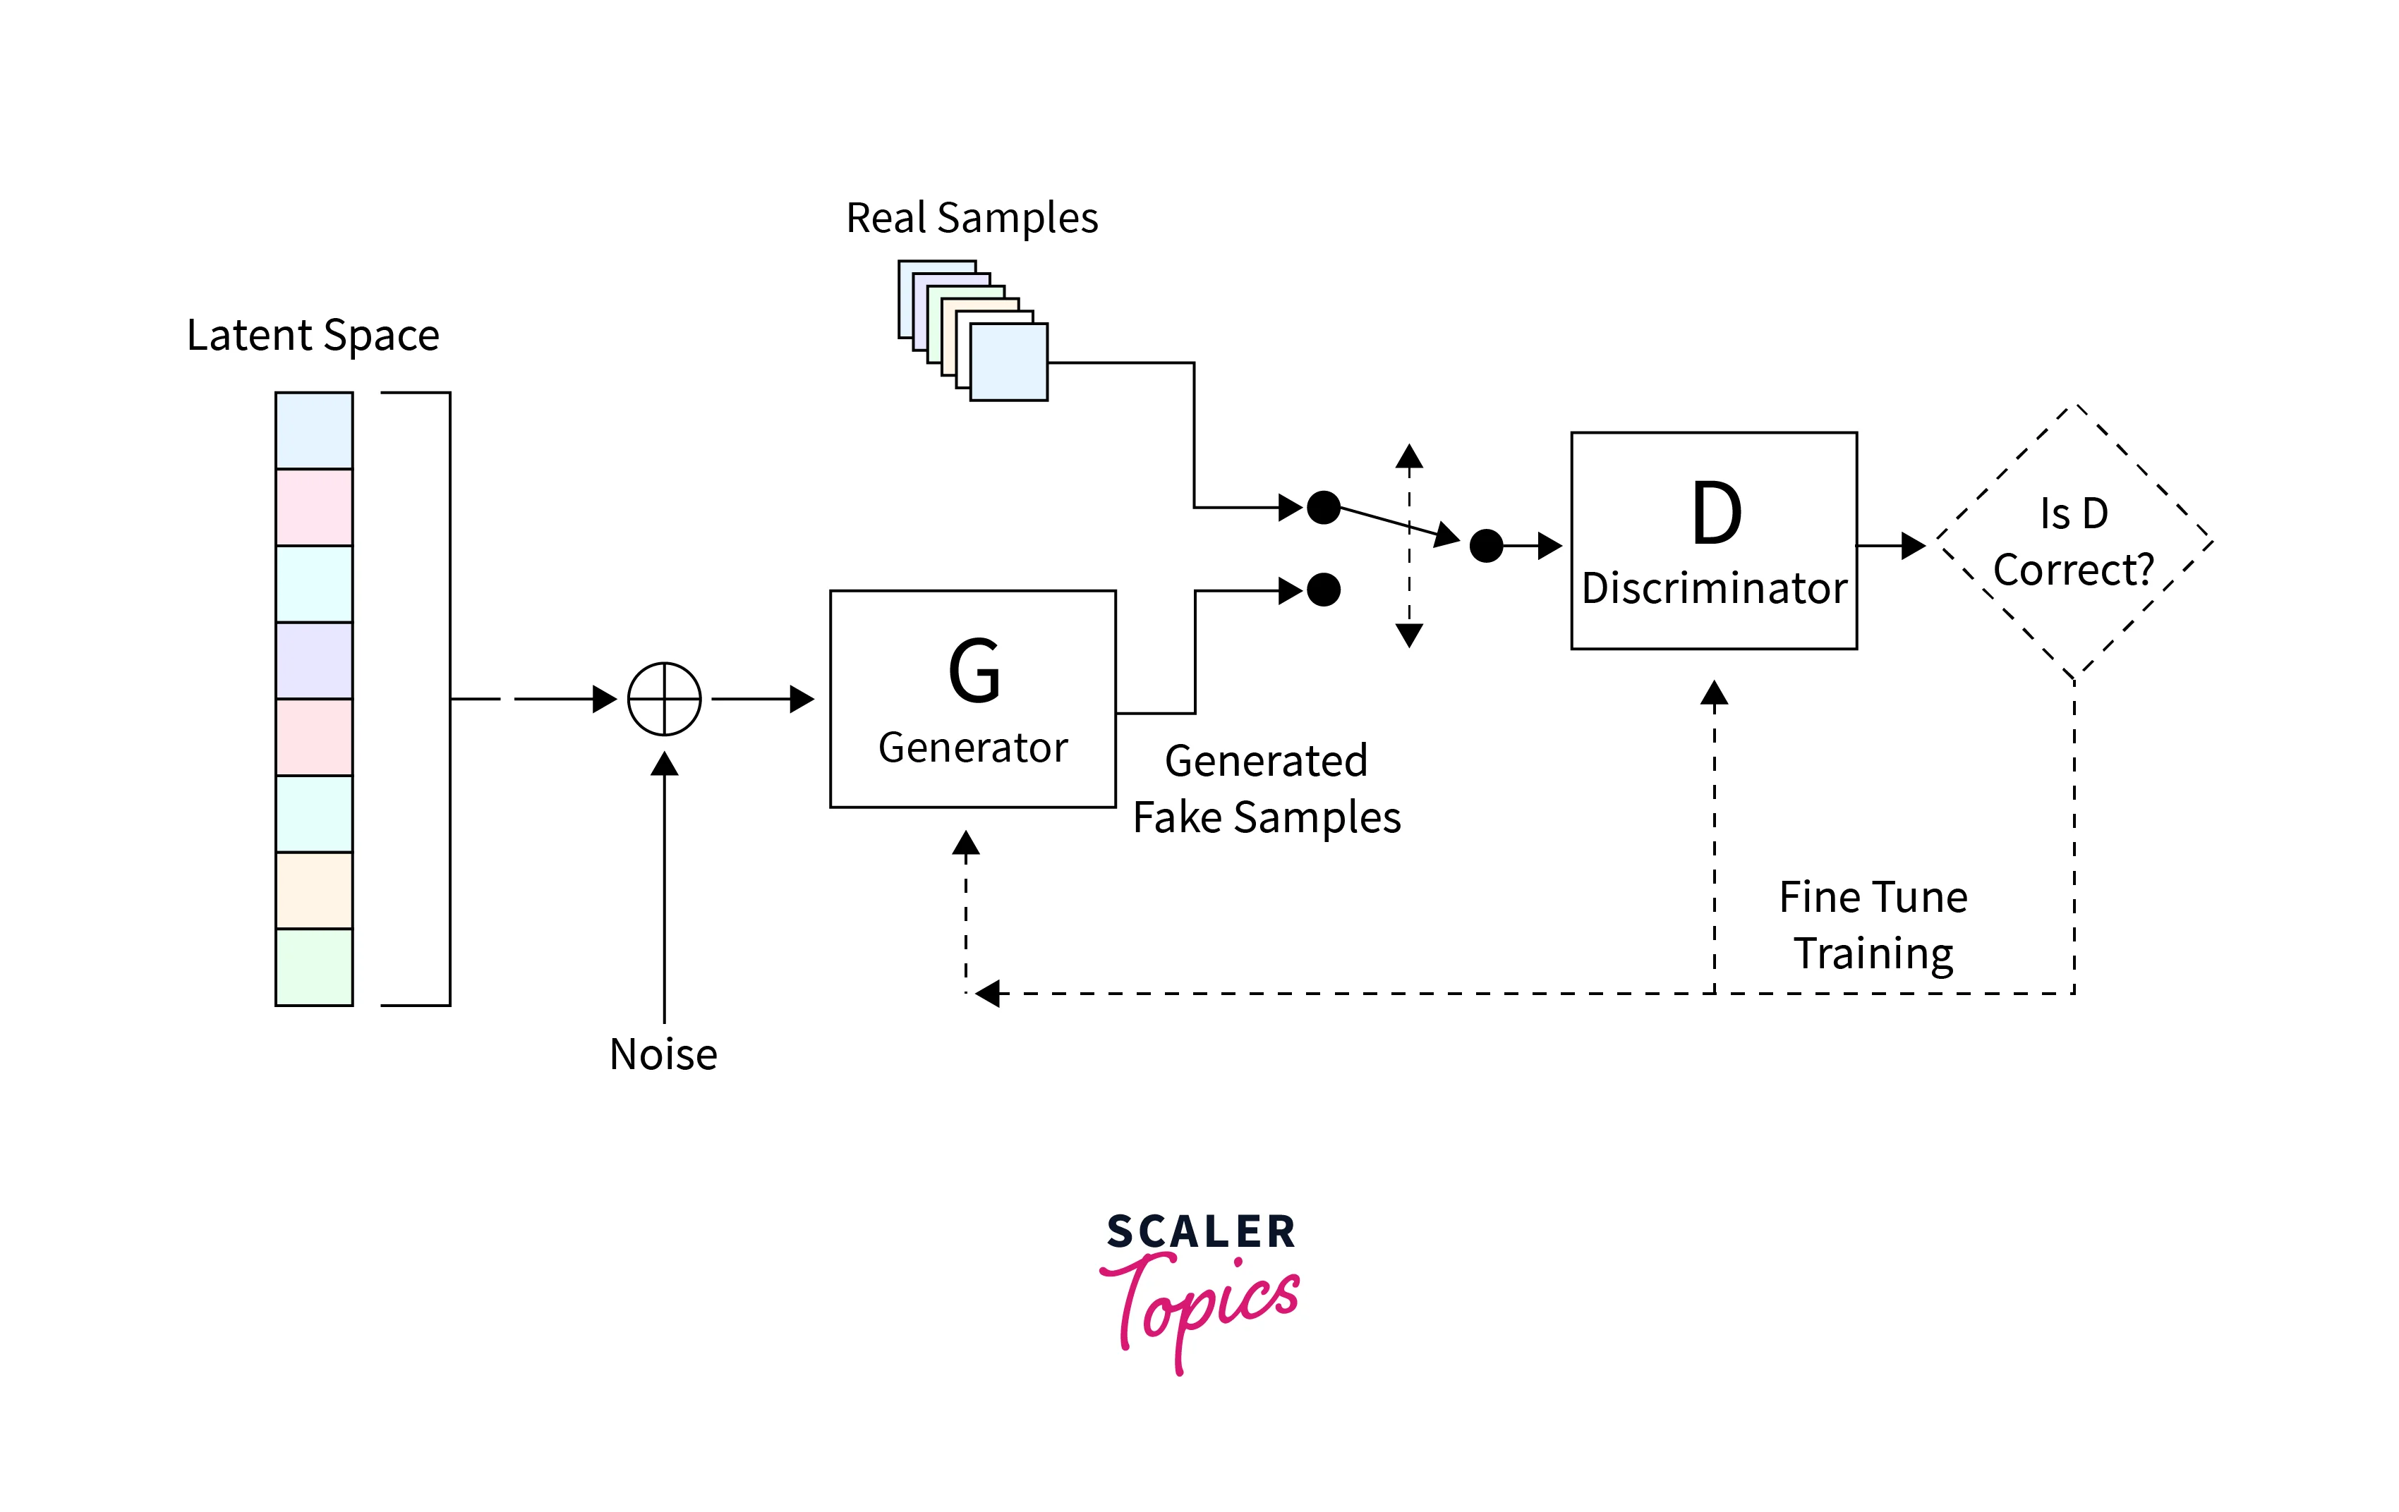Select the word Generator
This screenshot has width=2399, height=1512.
[972, 747]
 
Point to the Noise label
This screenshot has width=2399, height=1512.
[663, 1054]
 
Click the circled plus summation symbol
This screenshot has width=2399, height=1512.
[665, 698]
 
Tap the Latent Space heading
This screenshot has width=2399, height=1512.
[313, 335]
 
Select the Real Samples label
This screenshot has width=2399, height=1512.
[972, 217]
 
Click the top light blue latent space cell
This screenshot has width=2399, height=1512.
[314, 430]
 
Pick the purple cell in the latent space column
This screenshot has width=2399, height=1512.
[314, 660]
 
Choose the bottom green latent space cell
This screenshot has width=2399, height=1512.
[314, 967]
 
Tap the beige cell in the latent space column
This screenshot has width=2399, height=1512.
[314, 891]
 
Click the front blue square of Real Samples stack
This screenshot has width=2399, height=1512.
[1008, 362]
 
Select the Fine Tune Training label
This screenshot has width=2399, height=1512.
[1873, 925]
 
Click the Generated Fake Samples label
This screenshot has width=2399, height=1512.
[1267, 789]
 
